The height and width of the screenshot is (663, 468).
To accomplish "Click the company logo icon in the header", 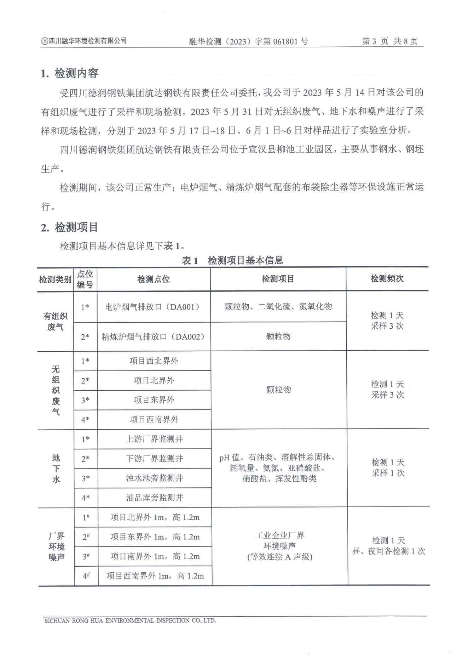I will pyautogui.click(x=44, y=41).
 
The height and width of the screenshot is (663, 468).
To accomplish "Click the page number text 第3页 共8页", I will pyautogui.click(x=389, y=41).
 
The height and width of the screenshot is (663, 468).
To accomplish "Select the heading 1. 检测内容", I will pyautogui.click(x=69, y=73).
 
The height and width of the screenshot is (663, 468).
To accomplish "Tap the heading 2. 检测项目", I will pyautogui.click(x=69, y=227).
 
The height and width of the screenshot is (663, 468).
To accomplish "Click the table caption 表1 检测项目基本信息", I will pyautogui.click(x=232, y=261).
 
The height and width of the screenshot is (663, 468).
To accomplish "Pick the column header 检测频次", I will pyautogui.click(x=387, y=279).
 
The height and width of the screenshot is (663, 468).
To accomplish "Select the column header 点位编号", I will pyautogui.click(x=85, y=279).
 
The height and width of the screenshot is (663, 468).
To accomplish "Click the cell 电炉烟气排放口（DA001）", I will pyautogui.click(x=154, y=307).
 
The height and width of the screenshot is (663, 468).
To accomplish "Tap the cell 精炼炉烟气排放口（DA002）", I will pyautogui.click(x=154, y=336).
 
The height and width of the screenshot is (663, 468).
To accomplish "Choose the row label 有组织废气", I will pyautogui.click(x=56, y=321).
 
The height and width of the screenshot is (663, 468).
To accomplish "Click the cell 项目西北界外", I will pyautogui.click(x=154, y=361).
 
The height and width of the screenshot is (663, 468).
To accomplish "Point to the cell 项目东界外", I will pyautogui.click(x=154, y=400).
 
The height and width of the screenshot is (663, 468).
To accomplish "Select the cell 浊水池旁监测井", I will pyautogui.click(x=155, y=478).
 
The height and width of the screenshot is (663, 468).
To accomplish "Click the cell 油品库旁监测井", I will pyautogui.click(x=155, y=498).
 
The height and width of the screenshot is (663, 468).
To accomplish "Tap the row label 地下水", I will pyautogui.click(x=56, y=468).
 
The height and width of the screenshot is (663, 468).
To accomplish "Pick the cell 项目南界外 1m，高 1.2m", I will pyautogui.click(x=155, y=556).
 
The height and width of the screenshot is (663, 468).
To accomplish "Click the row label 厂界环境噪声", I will pyautogui.click(x=56, y=546).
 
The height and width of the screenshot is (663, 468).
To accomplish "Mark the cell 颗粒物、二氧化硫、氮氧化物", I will pyautogui.click(x=278, y=306).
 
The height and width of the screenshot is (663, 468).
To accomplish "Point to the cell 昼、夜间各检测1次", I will pyautogui.click(x=388, y=551).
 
